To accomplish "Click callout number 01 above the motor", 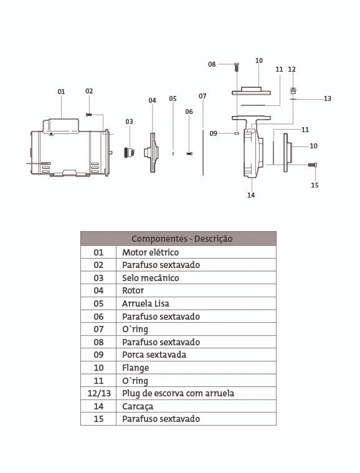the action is click(61, 92).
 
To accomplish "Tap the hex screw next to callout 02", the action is click(88, 115).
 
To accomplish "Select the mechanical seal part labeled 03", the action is click(130, 152).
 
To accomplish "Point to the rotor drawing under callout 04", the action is click(151, 153).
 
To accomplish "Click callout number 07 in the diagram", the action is click(202, 96).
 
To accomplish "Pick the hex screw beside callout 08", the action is click(237, 67).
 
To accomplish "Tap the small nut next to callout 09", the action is click(237, 133).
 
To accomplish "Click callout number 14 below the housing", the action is click(251, 195).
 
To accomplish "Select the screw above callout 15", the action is click(313, 165).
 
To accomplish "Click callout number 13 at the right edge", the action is click(328, 98).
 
